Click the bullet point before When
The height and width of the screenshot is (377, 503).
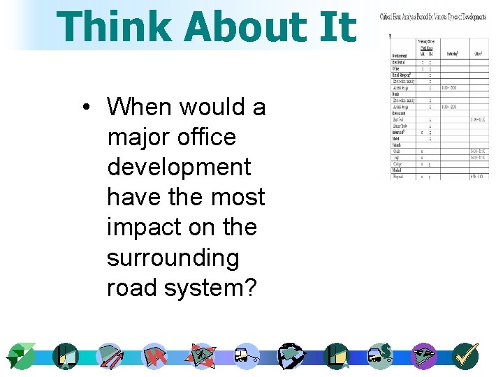point(85,108)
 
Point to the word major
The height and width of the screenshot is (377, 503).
point(137,138)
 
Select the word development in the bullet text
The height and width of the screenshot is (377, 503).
point(179,168)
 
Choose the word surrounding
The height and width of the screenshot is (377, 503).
point(173,258)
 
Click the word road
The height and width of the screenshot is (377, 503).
point(134,288)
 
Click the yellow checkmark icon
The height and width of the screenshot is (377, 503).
point(465,356)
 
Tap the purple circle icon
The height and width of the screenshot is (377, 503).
point(423,356)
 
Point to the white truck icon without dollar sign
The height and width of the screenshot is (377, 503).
point(246,356)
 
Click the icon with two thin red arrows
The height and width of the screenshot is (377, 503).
point(110,356)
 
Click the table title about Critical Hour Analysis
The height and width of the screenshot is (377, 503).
point(434,16)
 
